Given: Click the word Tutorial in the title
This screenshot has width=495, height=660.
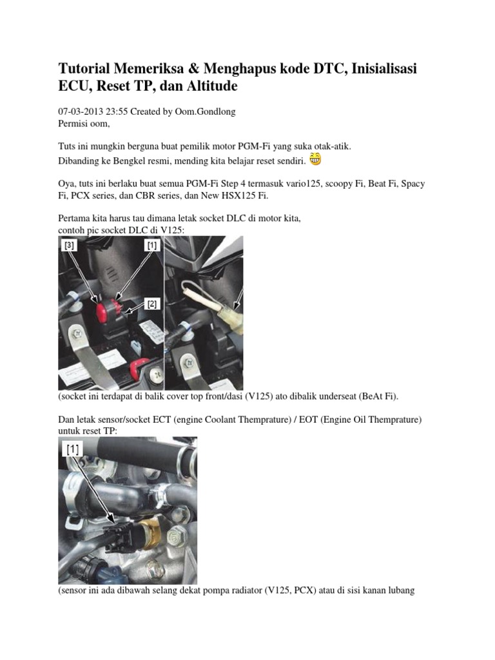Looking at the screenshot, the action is pyautogui.click(x=84, y=68).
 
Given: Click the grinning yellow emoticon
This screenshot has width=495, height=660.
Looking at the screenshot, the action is pyautogui.click(x=315, y=159).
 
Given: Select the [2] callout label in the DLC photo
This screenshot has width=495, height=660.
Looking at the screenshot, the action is pyautogui.click(x=152, y=304).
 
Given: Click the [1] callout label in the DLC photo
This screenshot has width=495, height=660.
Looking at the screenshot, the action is pyautogui.click(x=152, y=245).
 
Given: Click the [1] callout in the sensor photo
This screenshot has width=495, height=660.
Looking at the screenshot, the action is pyautogui.click(x=73, y=449).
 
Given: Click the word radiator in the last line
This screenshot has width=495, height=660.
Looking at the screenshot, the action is pyautogui.click(x=245, y=590).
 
